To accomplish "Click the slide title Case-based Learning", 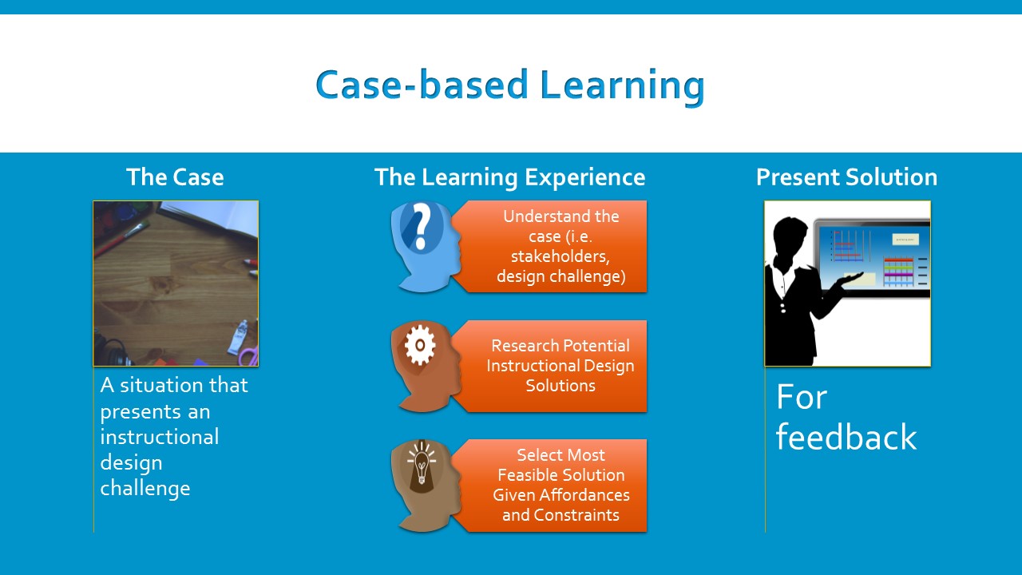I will tap(509, 85).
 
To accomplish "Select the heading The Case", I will tap(175, 176).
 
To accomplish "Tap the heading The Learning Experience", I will tap(509, 176).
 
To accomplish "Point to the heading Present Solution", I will tap(846, 176).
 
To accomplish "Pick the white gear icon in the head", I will tap(420, 346).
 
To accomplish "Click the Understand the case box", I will tap(559, 246).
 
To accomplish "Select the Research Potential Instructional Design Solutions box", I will tap(559, 366).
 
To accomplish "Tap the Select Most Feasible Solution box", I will tap(559, 485).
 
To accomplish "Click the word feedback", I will tap(846, 438).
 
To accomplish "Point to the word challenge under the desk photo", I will tap(145, 488).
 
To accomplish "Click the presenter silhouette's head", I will tap(786, 236).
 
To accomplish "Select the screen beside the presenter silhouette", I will tap(874, 256).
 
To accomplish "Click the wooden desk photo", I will tap(176, 284).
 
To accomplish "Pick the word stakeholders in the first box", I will tap(560, 256).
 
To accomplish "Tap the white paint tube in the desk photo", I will tap(238, 337).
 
